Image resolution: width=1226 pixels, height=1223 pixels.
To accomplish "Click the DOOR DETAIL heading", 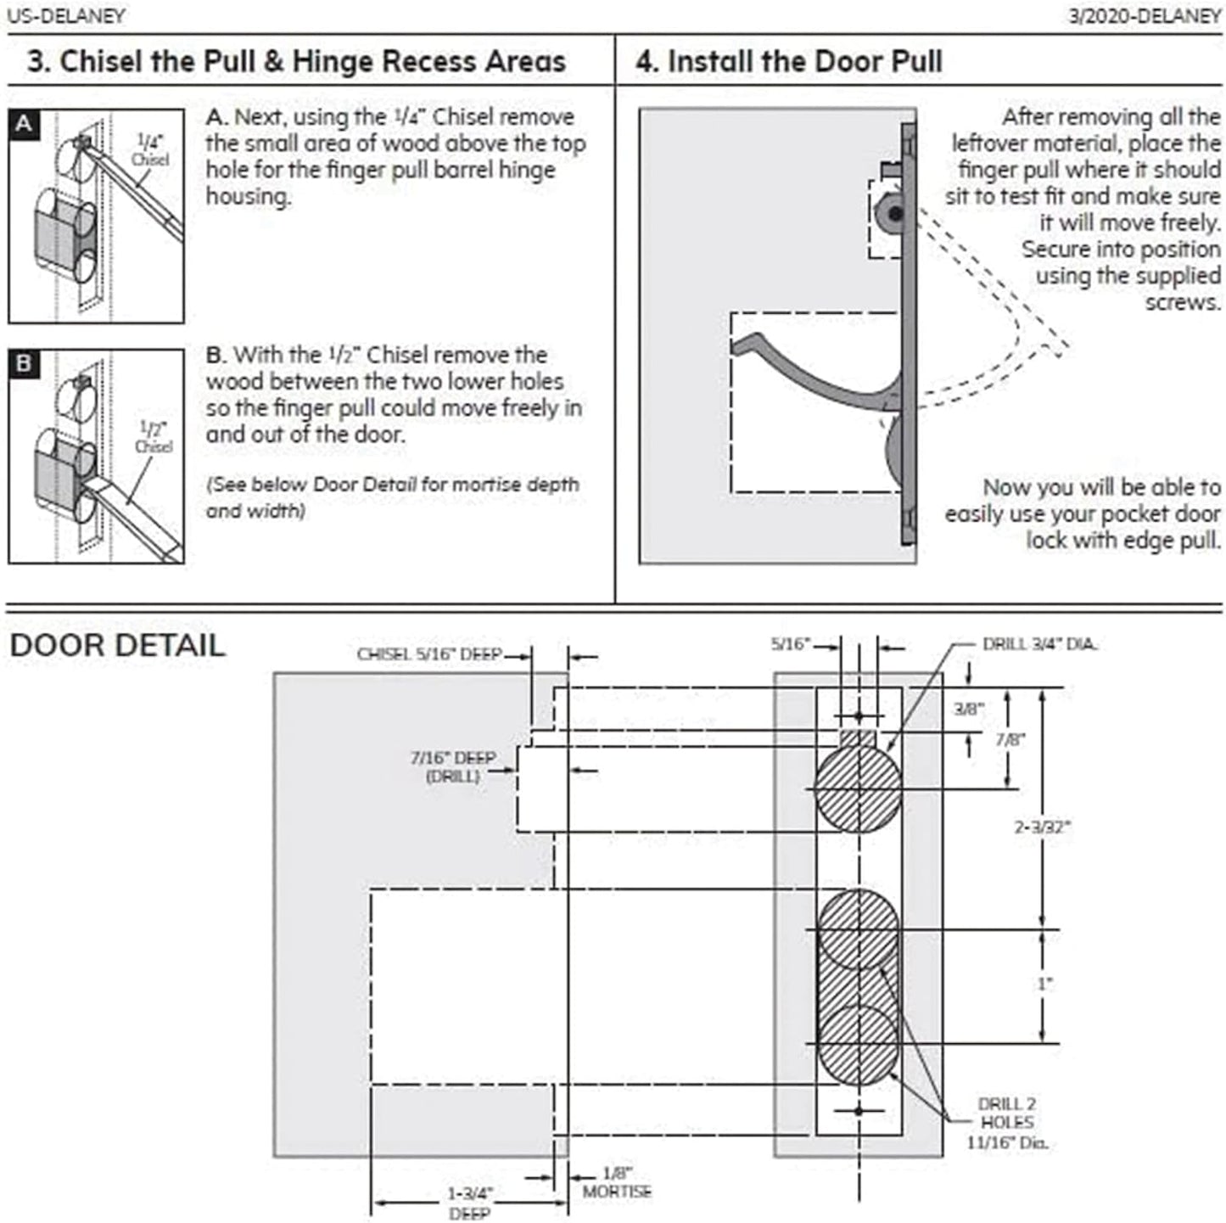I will coord(117,645).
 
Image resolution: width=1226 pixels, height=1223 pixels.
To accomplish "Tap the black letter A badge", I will coord(24,124).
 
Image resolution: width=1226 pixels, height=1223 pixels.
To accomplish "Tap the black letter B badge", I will coord(24,364).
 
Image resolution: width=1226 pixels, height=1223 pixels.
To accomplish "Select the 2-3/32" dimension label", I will coord(1043,827).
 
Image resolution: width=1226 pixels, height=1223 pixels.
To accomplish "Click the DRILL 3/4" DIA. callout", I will coord(1039,644).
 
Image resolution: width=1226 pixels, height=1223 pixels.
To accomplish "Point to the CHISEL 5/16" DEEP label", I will coord(429,654).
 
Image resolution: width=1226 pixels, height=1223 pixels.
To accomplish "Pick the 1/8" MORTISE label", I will coord(617,1183).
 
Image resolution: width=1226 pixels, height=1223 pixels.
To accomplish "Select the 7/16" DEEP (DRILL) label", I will coord(453,766).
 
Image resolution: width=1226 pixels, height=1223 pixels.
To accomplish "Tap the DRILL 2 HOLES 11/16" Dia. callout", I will coord(1007,1123).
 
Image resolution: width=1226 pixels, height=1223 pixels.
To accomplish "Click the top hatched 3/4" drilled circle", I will coord(857,789).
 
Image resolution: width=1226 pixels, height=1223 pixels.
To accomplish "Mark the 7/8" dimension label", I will coord(1010,739).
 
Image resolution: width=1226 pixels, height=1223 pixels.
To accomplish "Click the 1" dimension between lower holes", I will coord(1044,984).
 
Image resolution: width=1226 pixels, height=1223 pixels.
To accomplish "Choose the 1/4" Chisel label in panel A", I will coord(149,150).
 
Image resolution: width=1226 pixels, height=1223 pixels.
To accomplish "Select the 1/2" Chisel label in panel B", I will coord(153,437).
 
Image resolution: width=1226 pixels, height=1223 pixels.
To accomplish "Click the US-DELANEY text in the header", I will coord(66,15).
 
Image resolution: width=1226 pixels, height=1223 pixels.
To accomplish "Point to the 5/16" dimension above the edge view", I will coord(790,644).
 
